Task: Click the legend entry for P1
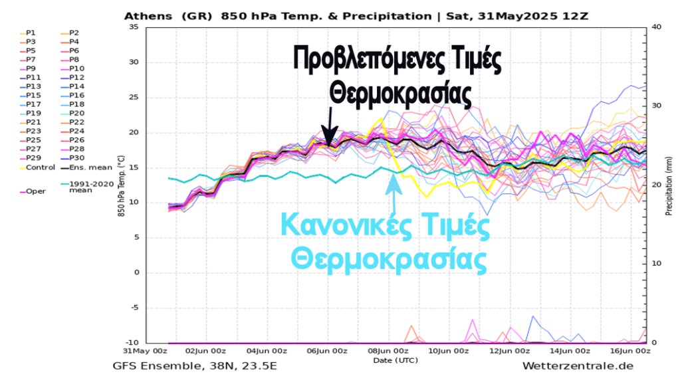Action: pos(31,33)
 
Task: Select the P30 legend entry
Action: pos(76,158)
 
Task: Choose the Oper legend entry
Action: pos(35,191)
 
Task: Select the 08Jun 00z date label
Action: pos(388,351)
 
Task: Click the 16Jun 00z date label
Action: pos(629,351)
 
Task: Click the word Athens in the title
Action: pos(146,16)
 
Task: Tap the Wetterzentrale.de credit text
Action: pos(577,366)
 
